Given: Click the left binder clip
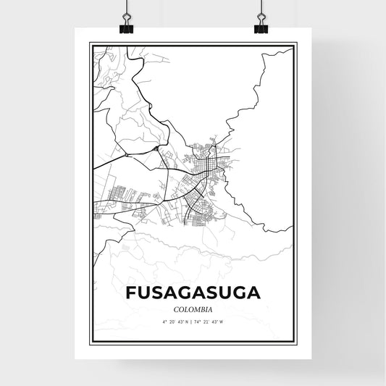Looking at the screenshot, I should tap(127, 24).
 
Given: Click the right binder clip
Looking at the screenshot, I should tap(260, 24).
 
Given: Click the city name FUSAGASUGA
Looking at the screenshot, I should tap(193, 293).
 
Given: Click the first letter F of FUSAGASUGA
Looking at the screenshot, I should tap(130, 293).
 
